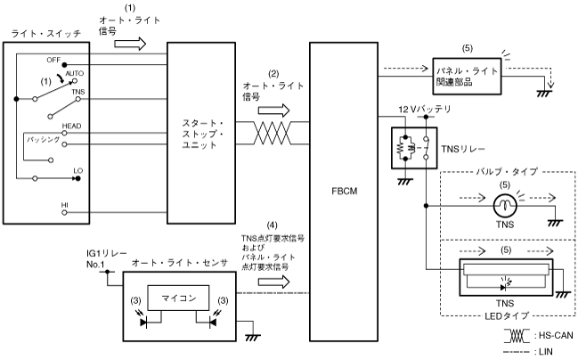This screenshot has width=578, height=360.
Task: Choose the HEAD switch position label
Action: coord(72,126)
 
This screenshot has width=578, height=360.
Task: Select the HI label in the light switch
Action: coord(64,205)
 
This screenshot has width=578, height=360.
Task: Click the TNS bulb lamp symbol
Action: coord(505,206)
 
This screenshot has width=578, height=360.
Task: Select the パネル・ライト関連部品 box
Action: coord(467,75)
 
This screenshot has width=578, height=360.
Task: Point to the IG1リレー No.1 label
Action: coord(101,258)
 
